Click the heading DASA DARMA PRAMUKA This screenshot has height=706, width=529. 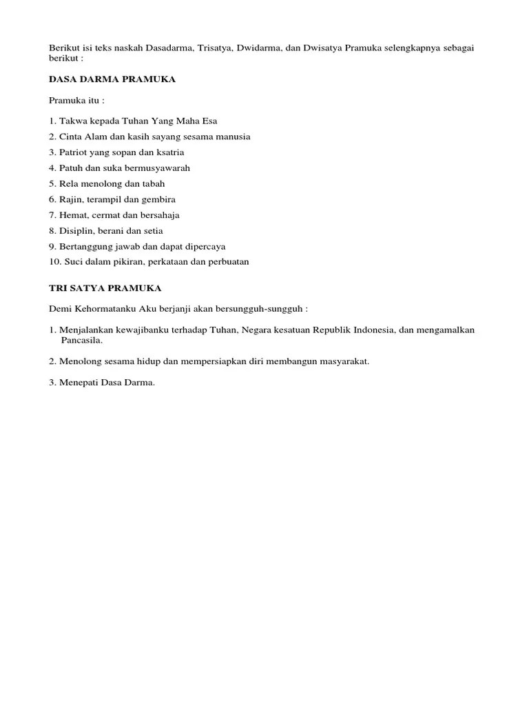[x=112, y=79]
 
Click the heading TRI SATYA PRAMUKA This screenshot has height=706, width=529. [x=105, y=288]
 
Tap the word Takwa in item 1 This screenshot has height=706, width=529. [x=72, y=121]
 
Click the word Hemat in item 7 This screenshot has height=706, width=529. [x=72, y=215]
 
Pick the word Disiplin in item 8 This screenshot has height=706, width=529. [x=74, y=231]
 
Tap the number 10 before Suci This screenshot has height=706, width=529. [x=54, y=262]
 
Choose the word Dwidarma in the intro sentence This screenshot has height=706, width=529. [x=247, y=48]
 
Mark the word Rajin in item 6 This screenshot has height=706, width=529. [x=71, y=199]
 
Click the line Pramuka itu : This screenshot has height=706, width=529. [x=76, y=100]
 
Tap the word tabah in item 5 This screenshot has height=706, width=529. [x=154, y=184]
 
